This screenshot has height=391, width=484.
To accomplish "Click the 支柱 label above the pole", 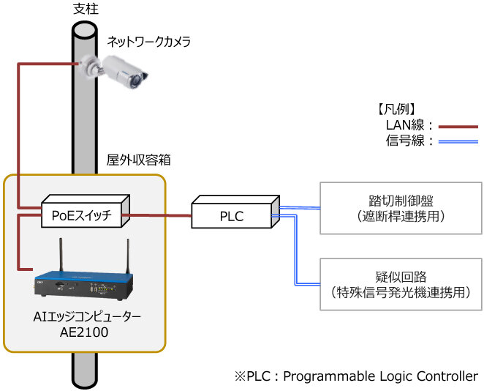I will (86, 9).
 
